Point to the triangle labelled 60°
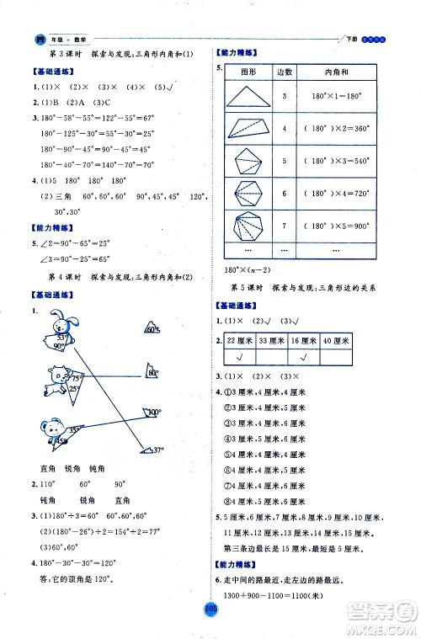click(x=149, y=329)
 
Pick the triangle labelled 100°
click(x=151, y=413)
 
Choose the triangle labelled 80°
click(x=149, y=372)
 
